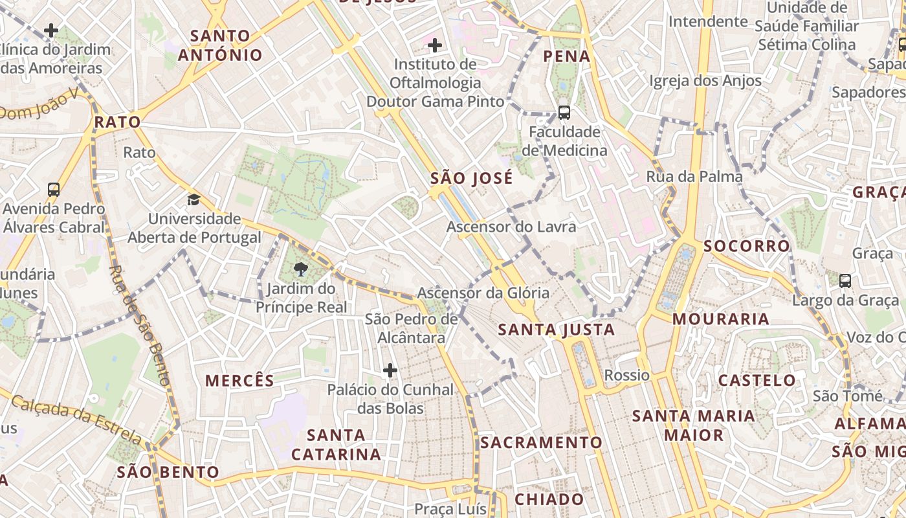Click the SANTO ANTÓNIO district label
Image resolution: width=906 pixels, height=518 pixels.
(x=220, y=45)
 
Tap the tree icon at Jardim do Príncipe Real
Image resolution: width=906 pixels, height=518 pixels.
(x=300, y=269)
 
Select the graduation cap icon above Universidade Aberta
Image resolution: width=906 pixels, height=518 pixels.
(x=193, y=199)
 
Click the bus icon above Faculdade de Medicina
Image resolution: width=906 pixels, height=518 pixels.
(x=564, y=113)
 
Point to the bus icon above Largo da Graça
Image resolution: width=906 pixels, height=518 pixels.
(x=845, y=280)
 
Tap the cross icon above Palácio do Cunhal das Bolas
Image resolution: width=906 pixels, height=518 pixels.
(x=390, y=370)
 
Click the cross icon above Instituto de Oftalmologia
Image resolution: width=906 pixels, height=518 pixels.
(x=435, y=45)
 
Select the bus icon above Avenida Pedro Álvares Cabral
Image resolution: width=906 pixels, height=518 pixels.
(x=54, y=190)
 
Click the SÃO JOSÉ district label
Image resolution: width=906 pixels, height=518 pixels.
(x=471, y=178)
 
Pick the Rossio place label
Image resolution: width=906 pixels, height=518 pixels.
(x=626, y=375)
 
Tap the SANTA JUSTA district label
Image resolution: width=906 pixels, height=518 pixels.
(x=556, y=330)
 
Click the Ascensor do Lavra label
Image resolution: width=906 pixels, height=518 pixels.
(x=511, y=227)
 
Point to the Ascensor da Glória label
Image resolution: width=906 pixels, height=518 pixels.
(x=483, y=293)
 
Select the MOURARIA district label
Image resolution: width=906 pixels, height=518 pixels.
(x=720, y=319)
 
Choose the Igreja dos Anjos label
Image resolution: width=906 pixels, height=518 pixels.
(x=705, y=81)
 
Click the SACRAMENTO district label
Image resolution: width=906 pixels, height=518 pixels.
(x=541, y=442)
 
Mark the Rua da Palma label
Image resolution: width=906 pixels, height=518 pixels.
(x=694, y=176)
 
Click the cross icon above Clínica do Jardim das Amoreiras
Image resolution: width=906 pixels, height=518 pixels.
(x=51, y=30)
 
